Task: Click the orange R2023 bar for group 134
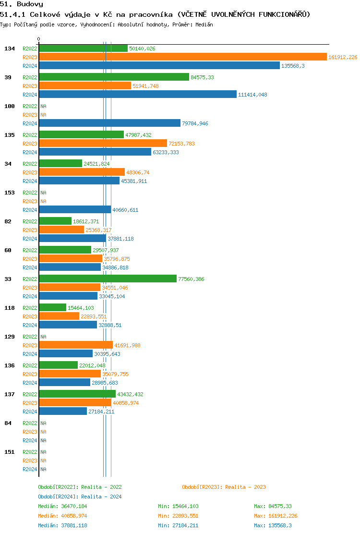point(182,57)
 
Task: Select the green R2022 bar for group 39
point(114,77)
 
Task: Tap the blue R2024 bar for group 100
point(109,123)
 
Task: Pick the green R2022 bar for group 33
point(108,279)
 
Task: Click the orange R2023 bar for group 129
point(76,345)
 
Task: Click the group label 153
point(10,193)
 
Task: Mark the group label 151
point(10,452)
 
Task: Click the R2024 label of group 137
point(30,412)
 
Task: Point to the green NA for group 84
point(43,423)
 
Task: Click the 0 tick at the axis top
point(39,39)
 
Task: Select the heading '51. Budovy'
point(22,4)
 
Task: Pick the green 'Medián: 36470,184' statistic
point(62,506)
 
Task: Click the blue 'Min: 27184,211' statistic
point(178,525)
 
